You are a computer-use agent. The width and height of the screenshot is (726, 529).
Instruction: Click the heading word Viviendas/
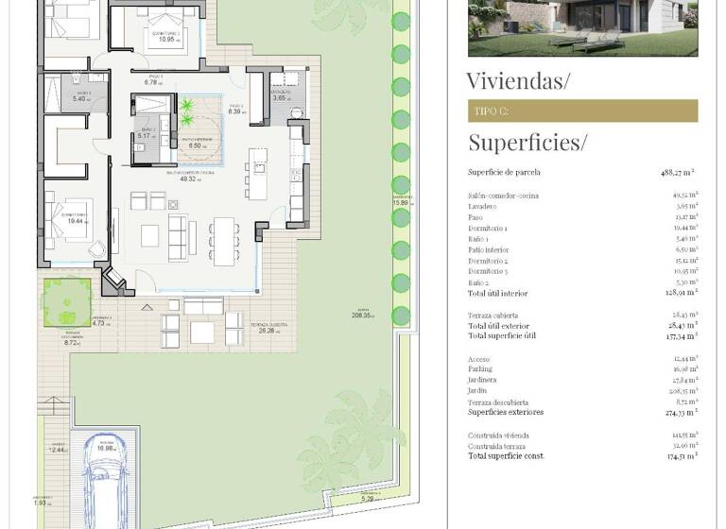[518, 80]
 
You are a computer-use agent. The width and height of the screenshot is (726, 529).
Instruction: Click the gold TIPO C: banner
[582, 111]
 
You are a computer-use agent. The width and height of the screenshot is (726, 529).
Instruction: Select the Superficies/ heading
[527, 143]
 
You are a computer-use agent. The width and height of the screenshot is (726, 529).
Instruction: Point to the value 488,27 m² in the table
[678, 173]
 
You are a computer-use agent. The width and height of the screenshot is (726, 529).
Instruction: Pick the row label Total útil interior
[497, 294]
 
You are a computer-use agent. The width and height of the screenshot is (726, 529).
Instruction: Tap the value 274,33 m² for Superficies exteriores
[680, 412]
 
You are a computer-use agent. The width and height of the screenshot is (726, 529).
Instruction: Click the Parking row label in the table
[481, 369]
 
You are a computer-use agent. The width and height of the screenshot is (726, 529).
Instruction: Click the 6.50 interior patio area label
[196, 146]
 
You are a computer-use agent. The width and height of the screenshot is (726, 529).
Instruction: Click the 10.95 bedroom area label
[167, 39]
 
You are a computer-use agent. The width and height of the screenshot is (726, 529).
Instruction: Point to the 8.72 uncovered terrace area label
[72, 343]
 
